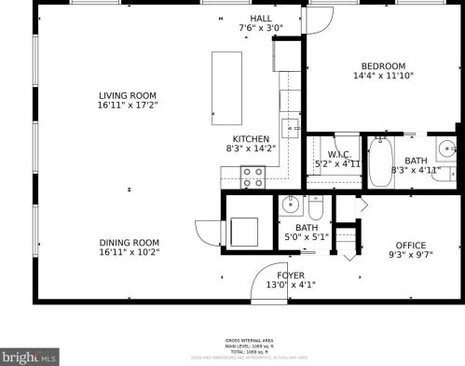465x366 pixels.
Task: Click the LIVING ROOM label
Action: click(129, 95)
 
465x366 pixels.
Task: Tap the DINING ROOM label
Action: click(130, 242)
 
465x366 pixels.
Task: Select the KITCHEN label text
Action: click(251, 138)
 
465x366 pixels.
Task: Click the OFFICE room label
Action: click(410, 246)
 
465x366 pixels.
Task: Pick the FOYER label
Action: click(291, 275)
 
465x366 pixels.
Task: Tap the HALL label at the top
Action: click(260, 18)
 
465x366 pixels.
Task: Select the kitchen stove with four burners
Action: click(253, 176)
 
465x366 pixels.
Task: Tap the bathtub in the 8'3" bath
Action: click(380, 162)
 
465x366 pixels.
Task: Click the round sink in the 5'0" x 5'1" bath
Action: click(290, 205)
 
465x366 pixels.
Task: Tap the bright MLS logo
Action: click(30, 355)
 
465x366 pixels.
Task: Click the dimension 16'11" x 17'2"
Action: click(129, 106)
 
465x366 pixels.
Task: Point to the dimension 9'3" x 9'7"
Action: click(410, 257)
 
